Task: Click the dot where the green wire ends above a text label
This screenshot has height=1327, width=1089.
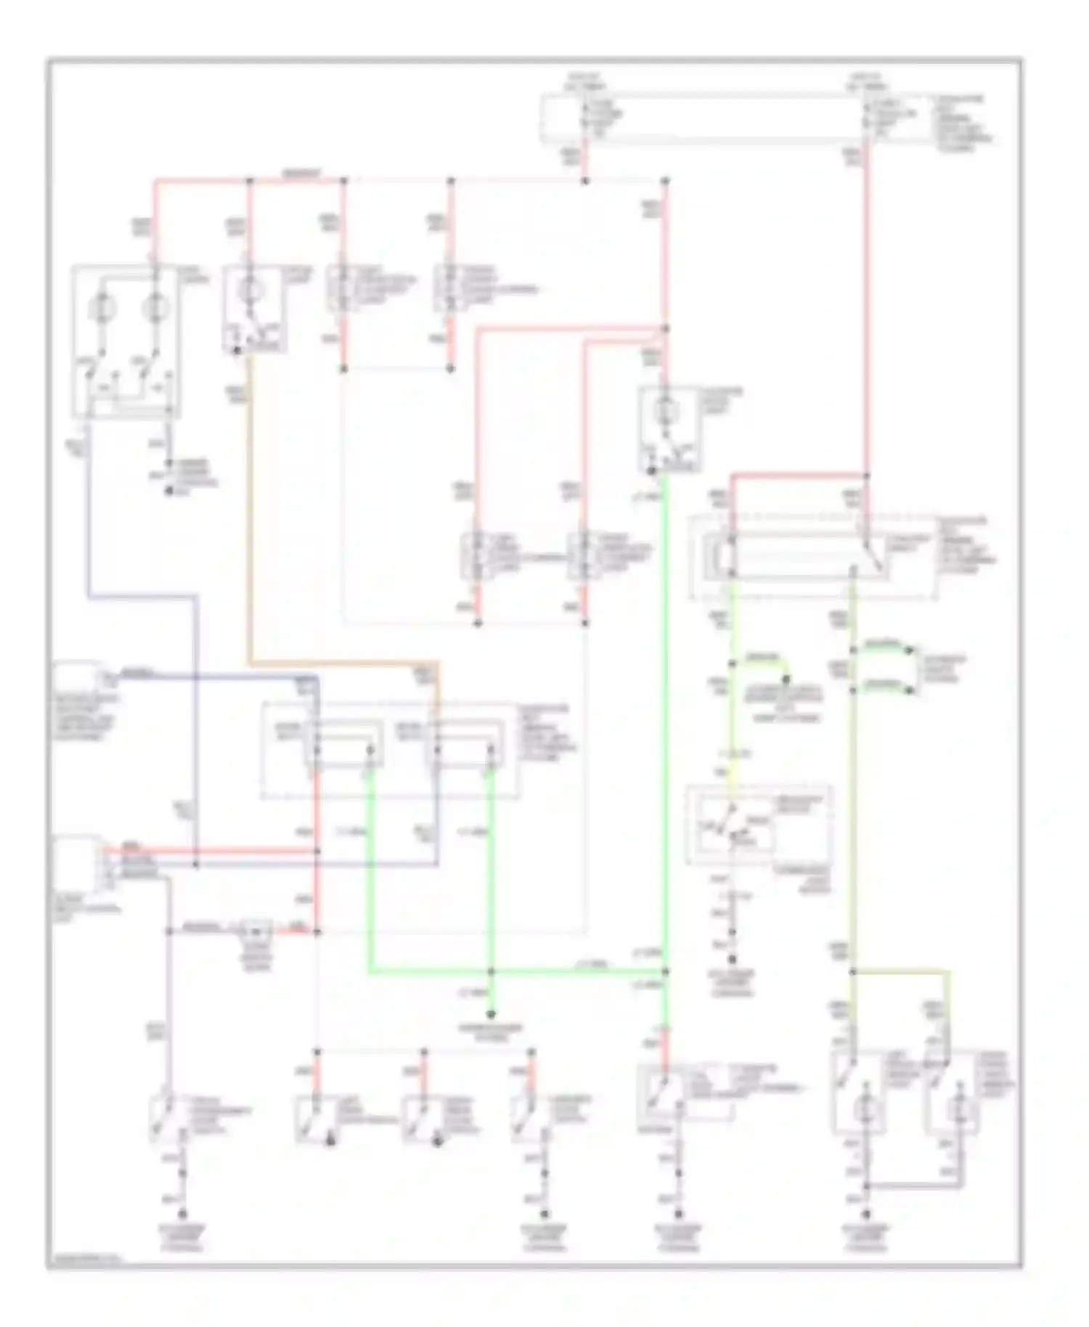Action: click(x=492, y=1014)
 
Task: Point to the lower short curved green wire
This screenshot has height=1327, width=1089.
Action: click(x=884, y=686)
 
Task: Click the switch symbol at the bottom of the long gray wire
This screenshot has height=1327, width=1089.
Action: click(x=164, y=1119)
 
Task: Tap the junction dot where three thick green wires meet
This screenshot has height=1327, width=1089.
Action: click(x=492, y=971)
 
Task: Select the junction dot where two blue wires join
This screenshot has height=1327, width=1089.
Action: click(x=196, y=865)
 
